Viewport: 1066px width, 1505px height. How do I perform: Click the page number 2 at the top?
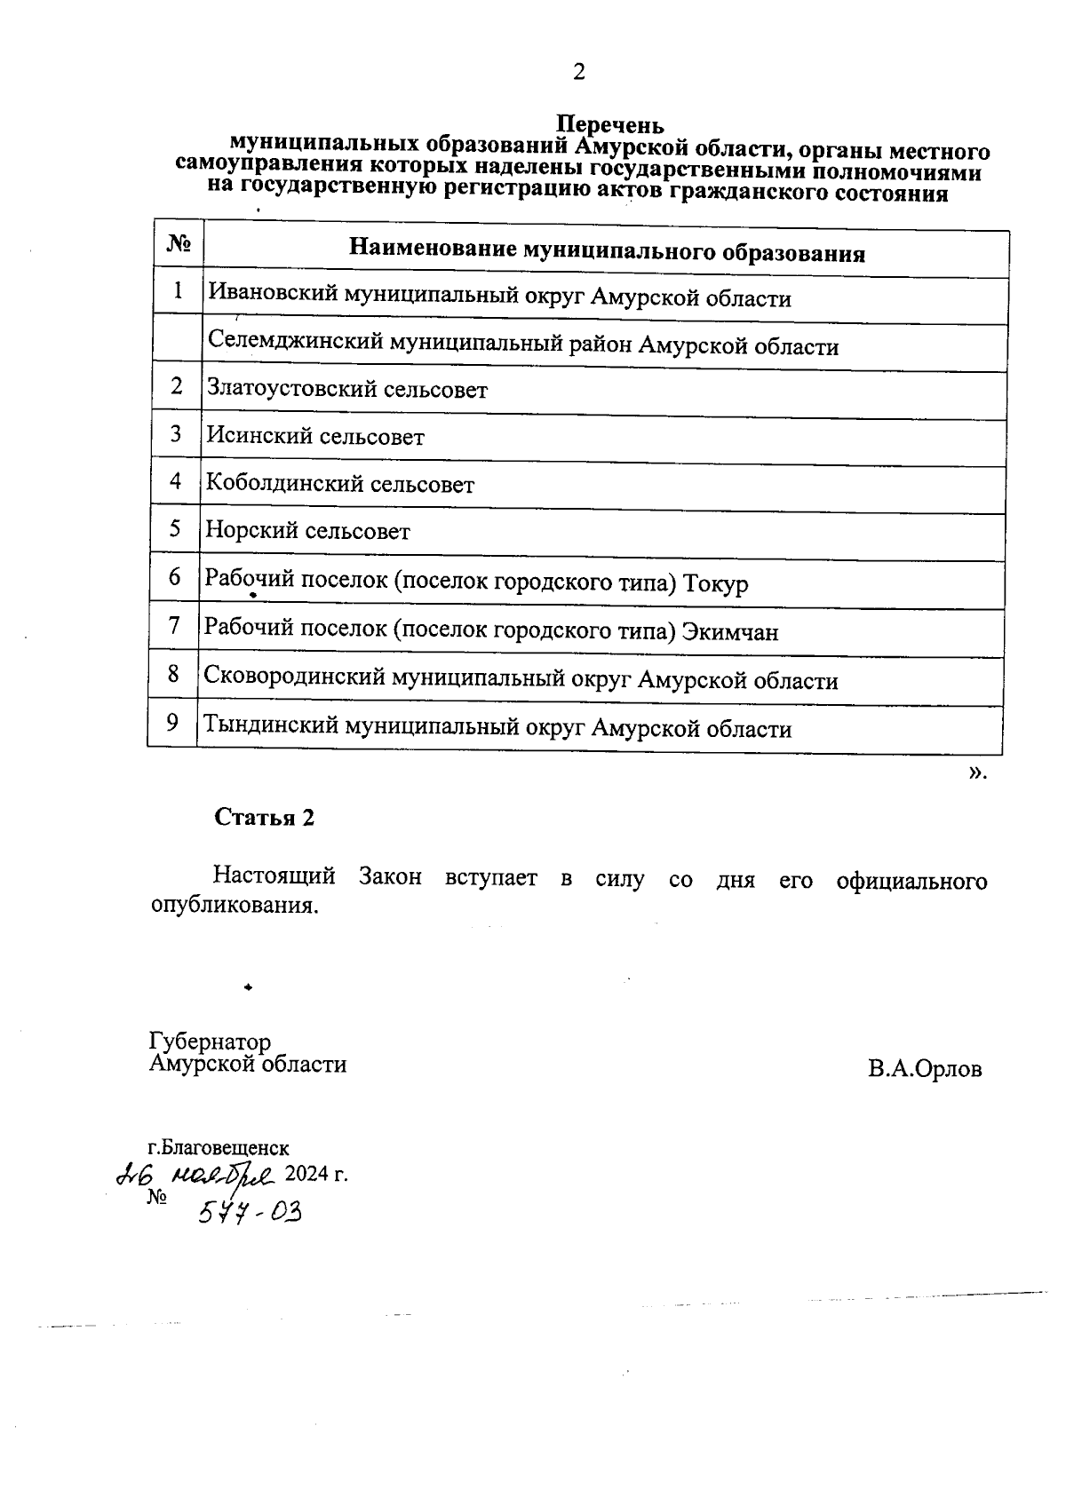pos(578,73)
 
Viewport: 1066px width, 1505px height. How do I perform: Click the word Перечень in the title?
pos(609,125)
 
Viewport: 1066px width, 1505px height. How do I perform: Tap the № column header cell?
pos(179,243)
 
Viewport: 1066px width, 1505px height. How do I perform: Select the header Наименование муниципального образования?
pos(607,252)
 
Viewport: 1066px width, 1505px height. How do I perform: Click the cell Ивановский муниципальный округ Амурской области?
pos(498,297)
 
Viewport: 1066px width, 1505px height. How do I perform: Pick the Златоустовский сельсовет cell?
pos(346,390)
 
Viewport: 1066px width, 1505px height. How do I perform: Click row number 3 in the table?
pos(176,433)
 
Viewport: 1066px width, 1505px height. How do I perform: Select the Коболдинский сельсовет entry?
pos(340,485)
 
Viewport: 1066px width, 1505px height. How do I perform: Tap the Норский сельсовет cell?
pos(307,532)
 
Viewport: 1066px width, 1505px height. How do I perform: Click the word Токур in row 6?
pos(716,584)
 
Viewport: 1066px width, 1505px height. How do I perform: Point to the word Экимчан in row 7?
pos(730,632)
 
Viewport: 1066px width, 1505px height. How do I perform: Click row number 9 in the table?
pos(173,723)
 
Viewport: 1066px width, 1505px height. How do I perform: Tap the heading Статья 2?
pos(265,818)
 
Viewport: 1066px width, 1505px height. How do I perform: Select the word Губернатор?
pos(211,1042)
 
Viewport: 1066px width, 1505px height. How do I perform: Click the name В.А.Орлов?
pos(925,1069)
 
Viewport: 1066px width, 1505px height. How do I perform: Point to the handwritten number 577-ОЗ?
pos(250,1210)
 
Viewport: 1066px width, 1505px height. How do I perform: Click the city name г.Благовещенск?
pos(219,1149)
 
